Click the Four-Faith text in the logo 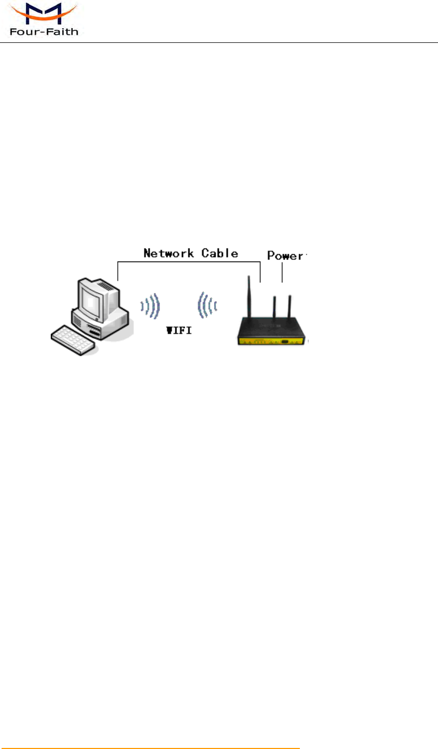(x=43, y=32)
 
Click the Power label (x=286, y=256)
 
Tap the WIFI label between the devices (x=179, y=331)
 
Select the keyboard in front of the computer (x=73, y=341)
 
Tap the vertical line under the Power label (x=283, y=272)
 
